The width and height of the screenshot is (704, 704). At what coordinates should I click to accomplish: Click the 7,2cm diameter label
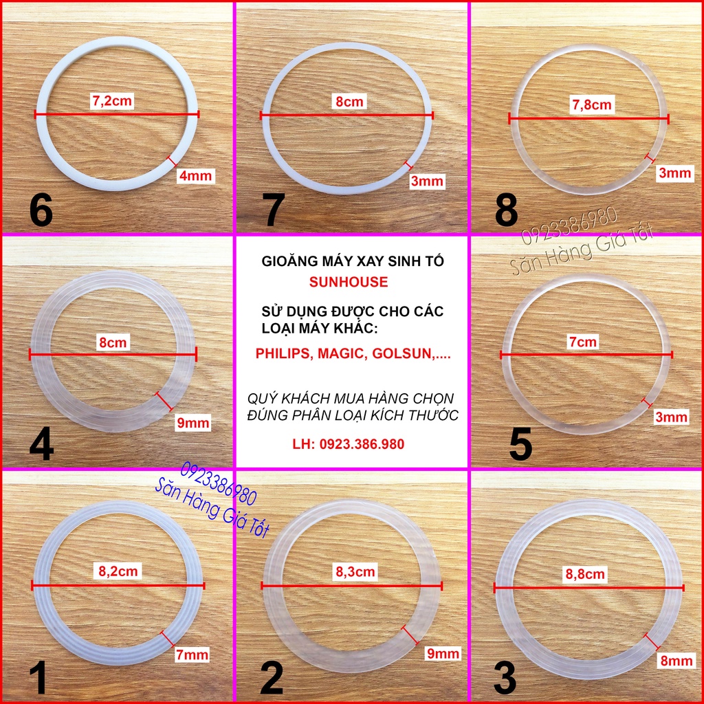[112, 101]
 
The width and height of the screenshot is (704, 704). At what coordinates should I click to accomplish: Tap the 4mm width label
[196, 175]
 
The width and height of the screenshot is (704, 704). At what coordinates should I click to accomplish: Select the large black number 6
[41, 210]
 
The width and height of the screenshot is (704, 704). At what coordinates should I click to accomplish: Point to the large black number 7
[274, 210]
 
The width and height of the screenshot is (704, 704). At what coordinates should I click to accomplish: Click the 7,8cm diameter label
[592, 104]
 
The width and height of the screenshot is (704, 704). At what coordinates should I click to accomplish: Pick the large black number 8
[507, 210]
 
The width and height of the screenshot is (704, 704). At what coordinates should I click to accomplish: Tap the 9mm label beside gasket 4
[193, 423]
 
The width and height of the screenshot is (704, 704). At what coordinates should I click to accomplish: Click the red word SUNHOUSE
[349, 281]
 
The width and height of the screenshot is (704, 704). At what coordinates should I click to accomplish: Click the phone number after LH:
[362, 444]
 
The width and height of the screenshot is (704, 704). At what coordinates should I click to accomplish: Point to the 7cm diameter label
[583, 342]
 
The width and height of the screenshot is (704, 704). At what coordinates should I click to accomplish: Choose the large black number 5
[520, 445]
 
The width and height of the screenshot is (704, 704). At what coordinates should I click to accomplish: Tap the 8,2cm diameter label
[118, 571]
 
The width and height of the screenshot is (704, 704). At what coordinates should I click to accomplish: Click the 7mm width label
[192, 654]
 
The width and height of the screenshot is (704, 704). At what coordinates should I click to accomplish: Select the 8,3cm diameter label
[355, 571]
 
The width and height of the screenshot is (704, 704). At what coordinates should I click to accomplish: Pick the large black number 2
[272, 678]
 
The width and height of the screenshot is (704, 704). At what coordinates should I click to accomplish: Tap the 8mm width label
[676, 661]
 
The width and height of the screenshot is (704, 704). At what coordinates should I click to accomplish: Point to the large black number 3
[505, 678]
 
